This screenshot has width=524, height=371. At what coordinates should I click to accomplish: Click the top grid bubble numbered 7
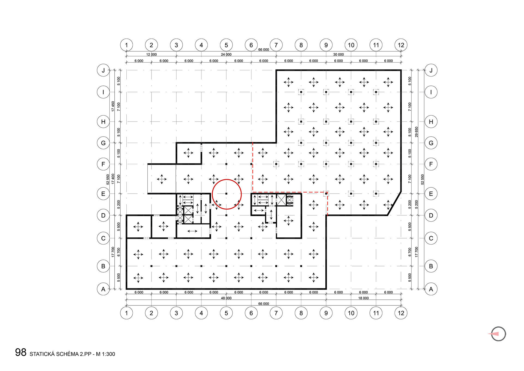[276, 45]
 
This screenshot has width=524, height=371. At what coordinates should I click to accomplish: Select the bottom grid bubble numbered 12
[401, 313]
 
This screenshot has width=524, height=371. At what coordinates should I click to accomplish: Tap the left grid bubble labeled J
[103, 70]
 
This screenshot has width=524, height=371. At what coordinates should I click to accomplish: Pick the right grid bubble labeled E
[431, 194]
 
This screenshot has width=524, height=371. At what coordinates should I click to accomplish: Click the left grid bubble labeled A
[103, 289]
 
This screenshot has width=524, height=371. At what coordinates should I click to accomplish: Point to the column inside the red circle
[226, 194]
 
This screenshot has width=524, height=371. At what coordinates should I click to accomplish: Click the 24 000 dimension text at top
[226, 54]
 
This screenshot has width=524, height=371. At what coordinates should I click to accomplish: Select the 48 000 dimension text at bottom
[226, 298]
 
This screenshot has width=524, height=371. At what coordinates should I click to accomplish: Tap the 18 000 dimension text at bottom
[363, 298]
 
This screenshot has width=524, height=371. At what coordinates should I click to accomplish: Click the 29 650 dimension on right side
[416, 132]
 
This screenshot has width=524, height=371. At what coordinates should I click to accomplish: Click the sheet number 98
[21, 352]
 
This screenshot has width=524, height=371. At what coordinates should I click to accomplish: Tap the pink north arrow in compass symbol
[494, 334]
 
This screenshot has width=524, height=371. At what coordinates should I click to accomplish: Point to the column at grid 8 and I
[301, 92]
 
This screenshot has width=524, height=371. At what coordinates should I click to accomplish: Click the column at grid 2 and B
[151, 266]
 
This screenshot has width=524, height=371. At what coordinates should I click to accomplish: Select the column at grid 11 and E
[376, 194]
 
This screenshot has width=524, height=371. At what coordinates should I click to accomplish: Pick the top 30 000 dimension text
[338, 54]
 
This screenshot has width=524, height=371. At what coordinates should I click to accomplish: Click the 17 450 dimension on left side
[113, 106]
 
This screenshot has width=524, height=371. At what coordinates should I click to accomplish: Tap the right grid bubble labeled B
[431, 266]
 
